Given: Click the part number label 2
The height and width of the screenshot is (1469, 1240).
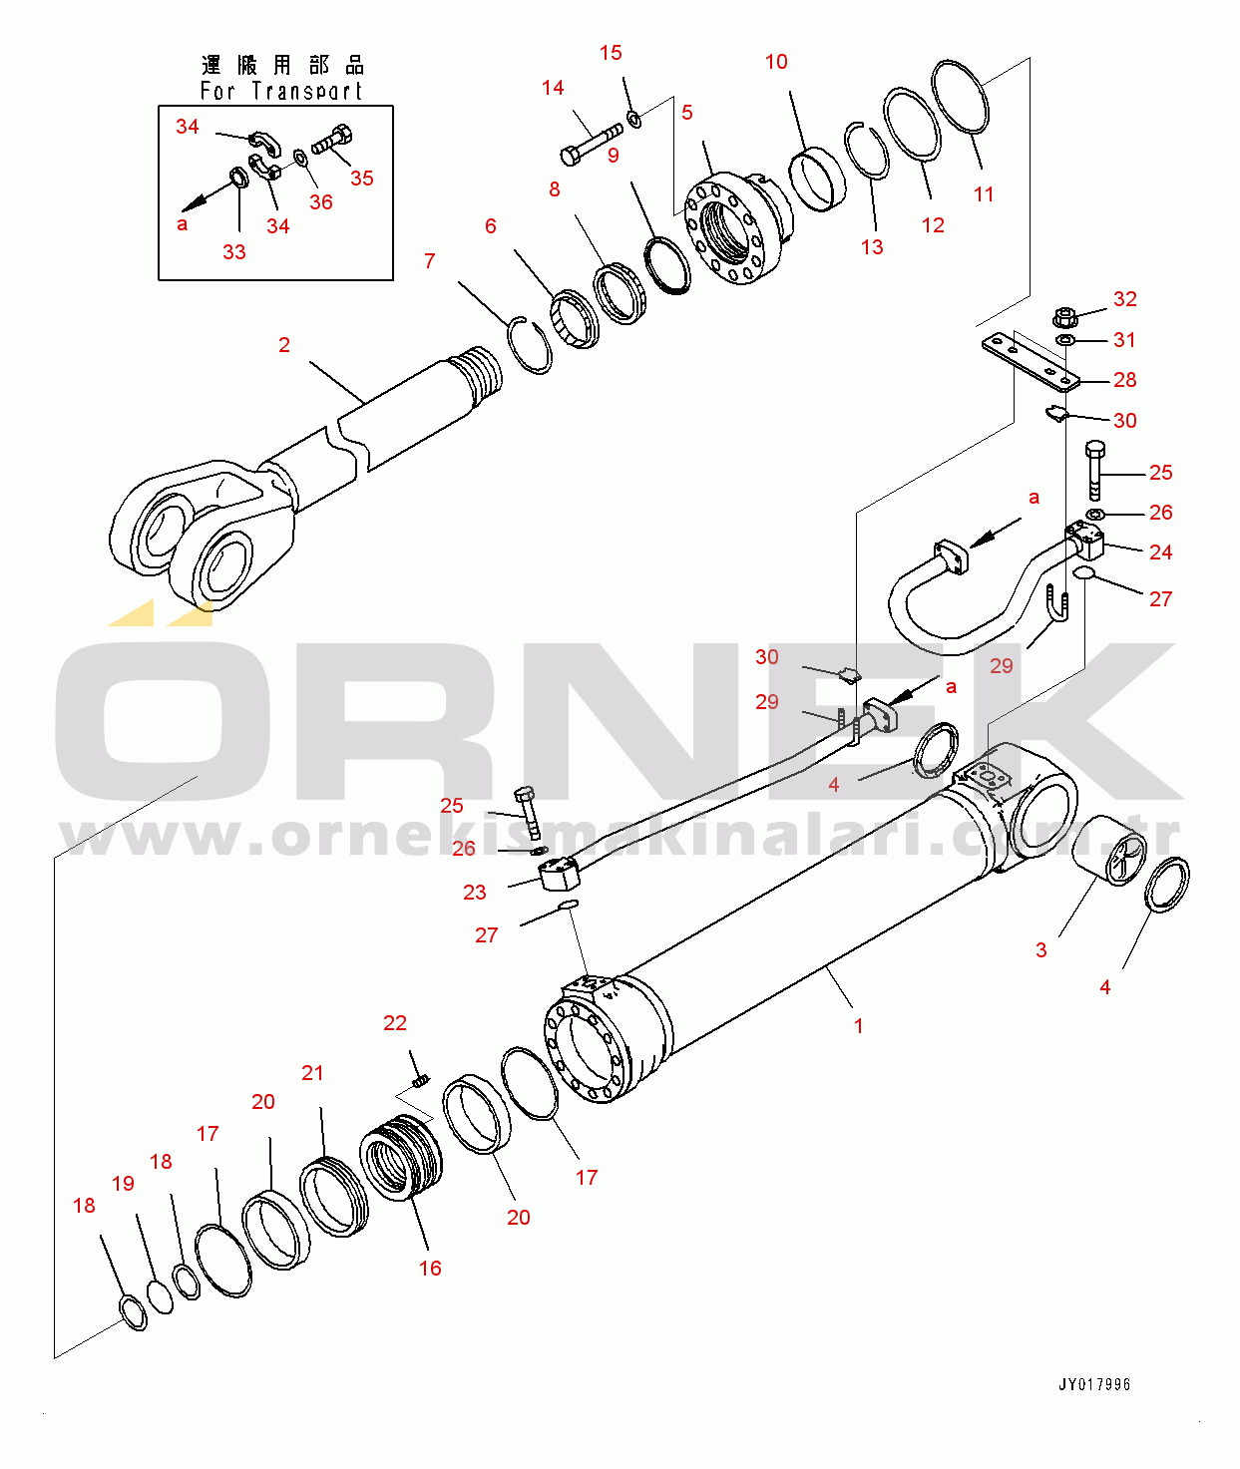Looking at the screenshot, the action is tap(284, 345).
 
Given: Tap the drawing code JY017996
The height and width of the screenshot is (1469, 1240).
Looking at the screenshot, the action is tap(1094, 1384).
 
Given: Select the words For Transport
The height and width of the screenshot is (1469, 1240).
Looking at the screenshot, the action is tap(280, 91).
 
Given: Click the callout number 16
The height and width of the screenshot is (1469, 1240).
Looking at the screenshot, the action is tap(430, 1268).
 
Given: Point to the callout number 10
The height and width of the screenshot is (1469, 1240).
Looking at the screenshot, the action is tap(776, 62).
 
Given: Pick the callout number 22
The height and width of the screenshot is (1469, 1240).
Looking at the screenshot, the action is tap(395, 1022).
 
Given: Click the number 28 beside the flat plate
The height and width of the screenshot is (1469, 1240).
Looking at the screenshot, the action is tap(1124, 380).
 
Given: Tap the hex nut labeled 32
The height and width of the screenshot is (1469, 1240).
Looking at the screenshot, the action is tap(1064, 318).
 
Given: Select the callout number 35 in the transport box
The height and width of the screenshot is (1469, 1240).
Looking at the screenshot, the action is tap(362, 178).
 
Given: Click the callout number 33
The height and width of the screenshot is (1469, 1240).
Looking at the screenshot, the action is tap(234, 252).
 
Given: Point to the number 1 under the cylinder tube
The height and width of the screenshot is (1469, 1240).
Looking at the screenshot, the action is tap(858, 1026).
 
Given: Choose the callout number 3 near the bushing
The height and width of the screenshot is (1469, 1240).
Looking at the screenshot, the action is tap(1041, 949).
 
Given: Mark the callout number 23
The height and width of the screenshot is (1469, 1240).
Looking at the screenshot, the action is tap(474, 893).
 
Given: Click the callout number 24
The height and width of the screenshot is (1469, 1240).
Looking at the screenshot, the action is tap(1160, 552).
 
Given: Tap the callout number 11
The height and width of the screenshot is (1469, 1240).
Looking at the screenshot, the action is tap(984, 194).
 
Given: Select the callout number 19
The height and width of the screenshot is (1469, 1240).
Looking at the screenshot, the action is tap(123, 1184).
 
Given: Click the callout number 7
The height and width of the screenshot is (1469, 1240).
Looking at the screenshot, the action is tap(429, 261).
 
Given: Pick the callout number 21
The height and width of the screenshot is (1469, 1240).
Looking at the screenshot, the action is tap(312, 1073).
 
